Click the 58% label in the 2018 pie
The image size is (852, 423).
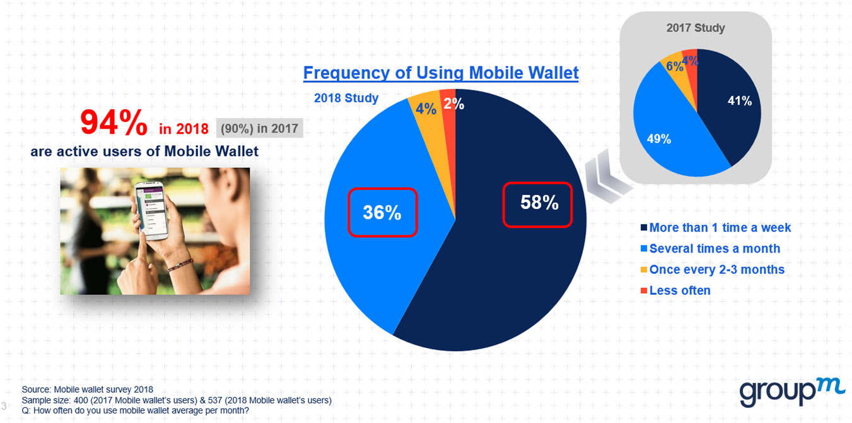tap(539, 203)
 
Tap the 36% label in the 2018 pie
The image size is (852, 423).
tap(382, 213)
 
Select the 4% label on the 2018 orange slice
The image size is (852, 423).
tap(426, 109)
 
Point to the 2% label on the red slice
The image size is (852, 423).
tap(454, 104)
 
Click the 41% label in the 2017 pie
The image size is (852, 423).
tap(739, 101)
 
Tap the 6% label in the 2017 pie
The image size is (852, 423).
tap(675, 67)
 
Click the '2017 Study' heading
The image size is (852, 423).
tap(696, 28)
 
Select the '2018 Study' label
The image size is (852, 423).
tap(346, 98)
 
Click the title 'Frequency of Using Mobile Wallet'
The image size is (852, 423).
tap(441, 73)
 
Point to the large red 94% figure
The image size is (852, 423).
tap(114, 122)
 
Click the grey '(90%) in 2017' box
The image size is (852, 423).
tap(259, 128)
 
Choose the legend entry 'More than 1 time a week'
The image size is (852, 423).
tap(716, 228)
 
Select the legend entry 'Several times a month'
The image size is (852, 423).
tap(711, 249)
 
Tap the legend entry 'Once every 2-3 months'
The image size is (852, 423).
tap(713, 270)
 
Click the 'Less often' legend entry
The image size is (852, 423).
tap(675, 290)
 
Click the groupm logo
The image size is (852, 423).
tap(792, 392)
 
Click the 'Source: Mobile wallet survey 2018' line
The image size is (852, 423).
tap(87, 390)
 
